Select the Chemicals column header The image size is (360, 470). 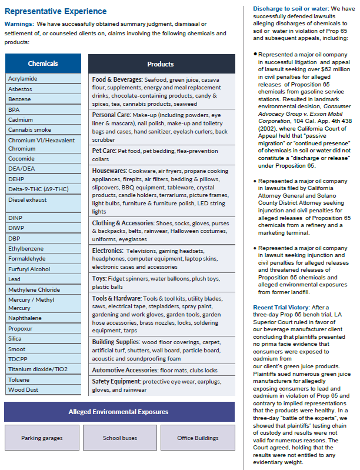(43, 64)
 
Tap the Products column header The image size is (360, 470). (161, 64)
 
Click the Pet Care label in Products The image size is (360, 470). (104, 151)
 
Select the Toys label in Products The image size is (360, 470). (99, 278)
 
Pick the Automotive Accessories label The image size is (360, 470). (125, 370)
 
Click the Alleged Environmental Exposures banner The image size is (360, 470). (119, 412)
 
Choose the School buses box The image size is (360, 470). (119, 438)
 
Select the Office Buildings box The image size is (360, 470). (197, 438)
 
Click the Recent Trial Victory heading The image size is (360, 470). (281, 308)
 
